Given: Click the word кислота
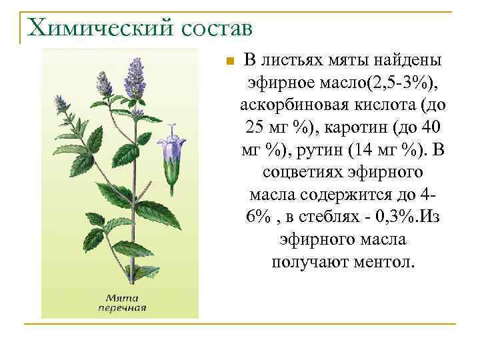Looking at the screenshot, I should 389,105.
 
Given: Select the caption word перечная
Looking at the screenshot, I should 122,308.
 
